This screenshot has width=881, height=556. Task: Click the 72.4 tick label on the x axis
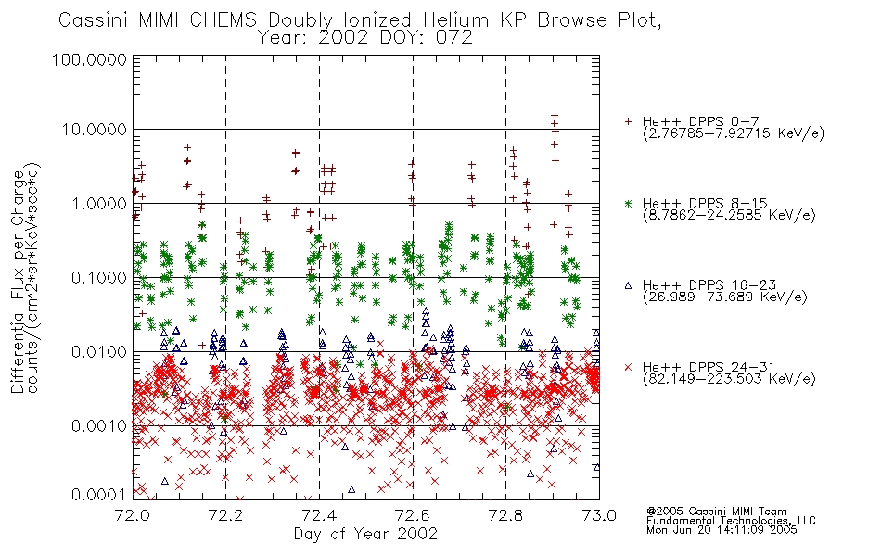point(319,514)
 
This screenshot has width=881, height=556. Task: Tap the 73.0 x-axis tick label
point(599,514)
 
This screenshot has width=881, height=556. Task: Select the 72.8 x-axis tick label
point(505,514)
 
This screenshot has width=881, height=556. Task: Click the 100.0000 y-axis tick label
point(89,59)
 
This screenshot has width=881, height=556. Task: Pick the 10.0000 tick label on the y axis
point(94,130)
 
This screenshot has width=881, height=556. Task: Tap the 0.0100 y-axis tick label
point(99,352)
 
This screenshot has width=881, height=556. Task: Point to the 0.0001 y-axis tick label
point(99,495)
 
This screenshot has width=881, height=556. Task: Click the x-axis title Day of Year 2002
point(365,534)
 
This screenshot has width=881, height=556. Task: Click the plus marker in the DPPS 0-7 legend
point(628,121)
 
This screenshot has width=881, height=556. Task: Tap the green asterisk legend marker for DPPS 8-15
point(628,203)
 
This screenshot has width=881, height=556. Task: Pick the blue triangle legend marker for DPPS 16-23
point(628,285)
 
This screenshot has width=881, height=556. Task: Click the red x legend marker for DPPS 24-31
point(628,367)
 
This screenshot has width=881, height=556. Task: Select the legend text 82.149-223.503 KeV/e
point(729,379)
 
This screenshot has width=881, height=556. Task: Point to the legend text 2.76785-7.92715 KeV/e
point(734,133)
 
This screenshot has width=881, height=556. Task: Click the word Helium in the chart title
point(455,20)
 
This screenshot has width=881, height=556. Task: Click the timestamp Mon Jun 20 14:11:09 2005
point(721,530)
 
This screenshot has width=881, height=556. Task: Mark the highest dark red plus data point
point(555,116)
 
